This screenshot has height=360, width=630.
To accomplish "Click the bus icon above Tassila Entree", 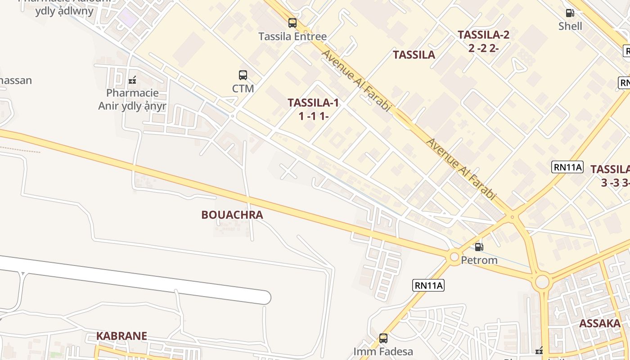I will (x=292, y=23).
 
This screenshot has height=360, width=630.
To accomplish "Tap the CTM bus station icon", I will (x=243, y=75).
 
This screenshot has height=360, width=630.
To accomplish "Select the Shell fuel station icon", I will (x=570, y=13).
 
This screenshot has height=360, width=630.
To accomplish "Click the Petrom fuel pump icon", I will (x=479, y=247).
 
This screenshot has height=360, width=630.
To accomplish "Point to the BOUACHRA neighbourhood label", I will (x=232, y=215).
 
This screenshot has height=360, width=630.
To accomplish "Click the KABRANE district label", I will (x=121, y=336).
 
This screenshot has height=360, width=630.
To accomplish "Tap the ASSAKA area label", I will (x=600, y=323).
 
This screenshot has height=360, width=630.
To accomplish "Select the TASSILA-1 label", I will (x=313, y=103).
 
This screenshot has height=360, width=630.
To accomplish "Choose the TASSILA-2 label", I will (x=483, y=35).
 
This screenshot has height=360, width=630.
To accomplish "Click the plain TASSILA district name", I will (x=414, y=55).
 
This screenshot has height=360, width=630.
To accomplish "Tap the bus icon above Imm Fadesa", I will (x=383, y=338).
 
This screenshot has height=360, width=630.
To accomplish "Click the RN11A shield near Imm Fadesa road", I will (x=428, y=285).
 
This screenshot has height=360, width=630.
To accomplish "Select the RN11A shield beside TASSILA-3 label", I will (x=567, y=167).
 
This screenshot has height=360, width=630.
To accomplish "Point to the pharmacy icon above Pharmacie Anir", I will (x=132, y=80).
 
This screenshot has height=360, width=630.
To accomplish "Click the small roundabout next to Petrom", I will (x=454, y=257).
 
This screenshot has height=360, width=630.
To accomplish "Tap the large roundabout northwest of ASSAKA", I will (x=542, y=282).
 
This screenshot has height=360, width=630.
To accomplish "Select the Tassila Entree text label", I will (x=292, y=36).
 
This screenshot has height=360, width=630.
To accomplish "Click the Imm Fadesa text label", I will (x=383, y=351).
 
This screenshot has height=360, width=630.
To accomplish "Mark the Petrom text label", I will (x=479, y=260).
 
